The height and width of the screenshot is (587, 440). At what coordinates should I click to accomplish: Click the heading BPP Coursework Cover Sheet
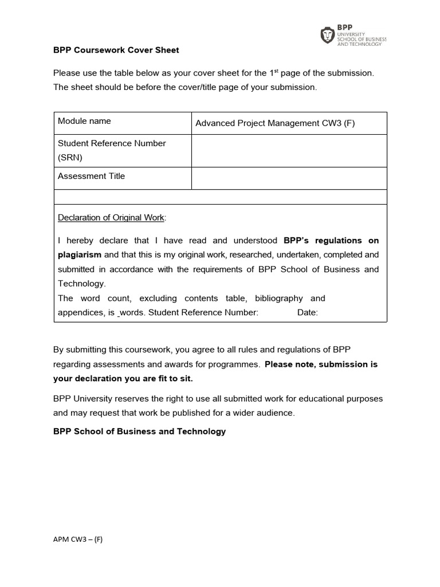pos(116,50)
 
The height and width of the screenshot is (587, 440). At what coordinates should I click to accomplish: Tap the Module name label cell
pos(85,121)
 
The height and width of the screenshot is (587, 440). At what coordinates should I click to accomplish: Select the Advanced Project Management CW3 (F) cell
pos(275,123)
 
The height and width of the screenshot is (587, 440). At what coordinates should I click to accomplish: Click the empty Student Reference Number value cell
pos(289,151)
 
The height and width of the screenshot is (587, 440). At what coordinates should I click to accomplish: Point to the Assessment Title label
pos(91,176)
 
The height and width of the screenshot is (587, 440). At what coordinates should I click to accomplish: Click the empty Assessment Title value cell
pos(289,178)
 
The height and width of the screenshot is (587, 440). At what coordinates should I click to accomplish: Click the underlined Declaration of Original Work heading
pos(111,218)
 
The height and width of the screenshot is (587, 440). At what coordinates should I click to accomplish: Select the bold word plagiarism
pos(80,255)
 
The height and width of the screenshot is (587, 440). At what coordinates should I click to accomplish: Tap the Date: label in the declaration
pos(308,312)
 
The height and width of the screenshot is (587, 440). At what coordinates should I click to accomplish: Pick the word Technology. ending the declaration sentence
pos(82,283)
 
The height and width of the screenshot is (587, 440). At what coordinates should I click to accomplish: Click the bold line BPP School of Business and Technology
pos(139,431)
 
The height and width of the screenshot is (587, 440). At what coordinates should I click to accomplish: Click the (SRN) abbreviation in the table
pos(69,156)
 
